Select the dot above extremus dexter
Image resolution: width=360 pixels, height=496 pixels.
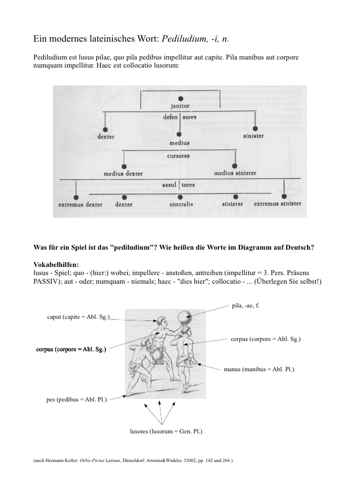(76, 197)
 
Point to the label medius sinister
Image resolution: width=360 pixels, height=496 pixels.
(235, 173)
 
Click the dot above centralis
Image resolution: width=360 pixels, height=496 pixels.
(180, 197)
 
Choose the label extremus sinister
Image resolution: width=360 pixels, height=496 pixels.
(277, 204)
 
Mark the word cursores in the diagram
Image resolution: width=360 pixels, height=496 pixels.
(178, 155)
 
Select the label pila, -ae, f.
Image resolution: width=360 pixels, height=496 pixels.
(246, 306)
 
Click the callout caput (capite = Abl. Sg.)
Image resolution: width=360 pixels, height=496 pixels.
(79, 316)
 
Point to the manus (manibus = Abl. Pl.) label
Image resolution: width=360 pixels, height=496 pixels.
(258, 370)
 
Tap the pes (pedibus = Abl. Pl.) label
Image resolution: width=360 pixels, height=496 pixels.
(77, 399)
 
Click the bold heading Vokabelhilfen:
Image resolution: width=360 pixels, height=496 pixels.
(56, 265)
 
